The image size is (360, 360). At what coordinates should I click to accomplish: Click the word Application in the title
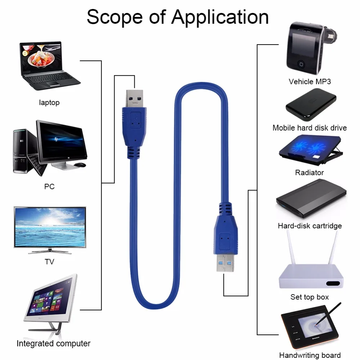[220, 17]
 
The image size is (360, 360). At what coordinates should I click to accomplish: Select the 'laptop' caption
[49, 103]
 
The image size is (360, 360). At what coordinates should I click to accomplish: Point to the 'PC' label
[49, 186]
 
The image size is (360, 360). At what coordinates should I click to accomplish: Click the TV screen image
[50, 227]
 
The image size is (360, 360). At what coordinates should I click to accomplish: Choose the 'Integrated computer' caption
[54, 343]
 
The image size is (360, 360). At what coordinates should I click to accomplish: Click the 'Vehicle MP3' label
[310, 82]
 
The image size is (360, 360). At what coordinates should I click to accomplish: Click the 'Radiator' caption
[310, 172]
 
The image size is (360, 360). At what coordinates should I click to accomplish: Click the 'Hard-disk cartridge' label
[310, 226]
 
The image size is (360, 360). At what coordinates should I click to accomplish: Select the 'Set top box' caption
[310, 297]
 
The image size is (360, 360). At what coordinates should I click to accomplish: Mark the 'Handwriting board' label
[310, 355]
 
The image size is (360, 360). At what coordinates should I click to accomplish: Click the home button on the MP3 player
[301, 65]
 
